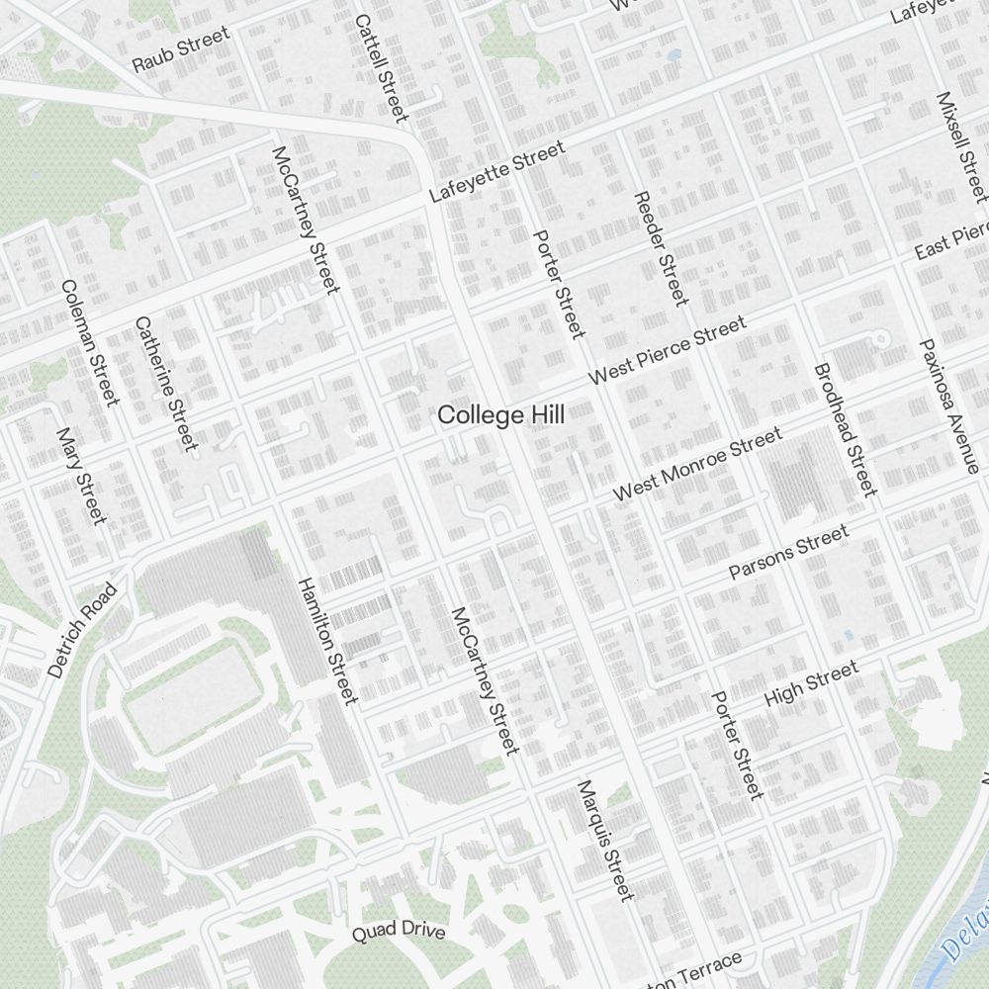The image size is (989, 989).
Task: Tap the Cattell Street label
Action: tap(381, 67)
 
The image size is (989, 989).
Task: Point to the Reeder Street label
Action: tap(660, 247)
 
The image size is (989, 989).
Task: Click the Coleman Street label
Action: tap(89, 342)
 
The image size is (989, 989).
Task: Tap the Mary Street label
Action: tap(81, 476)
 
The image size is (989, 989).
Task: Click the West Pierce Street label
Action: tap(668, 351)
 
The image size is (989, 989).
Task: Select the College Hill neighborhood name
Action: tap(501, 415)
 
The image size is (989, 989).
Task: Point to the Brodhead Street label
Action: tap(845, 429)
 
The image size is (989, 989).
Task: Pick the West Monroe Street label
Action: tap(697, 464)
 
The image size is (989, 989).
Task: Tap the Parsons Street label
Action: tap(788, 552)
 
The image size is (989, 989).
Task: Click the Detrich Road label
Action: tap(82, 630)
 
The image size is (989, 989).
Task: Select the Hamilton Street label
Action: tap(326, 641)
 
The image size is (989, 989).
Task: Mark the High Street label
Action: tap(811, 683)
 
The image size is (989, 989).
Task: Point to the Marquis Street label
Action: tap(604, 840)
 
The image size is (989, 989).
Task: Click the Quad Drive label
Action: tap(400, 931)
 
